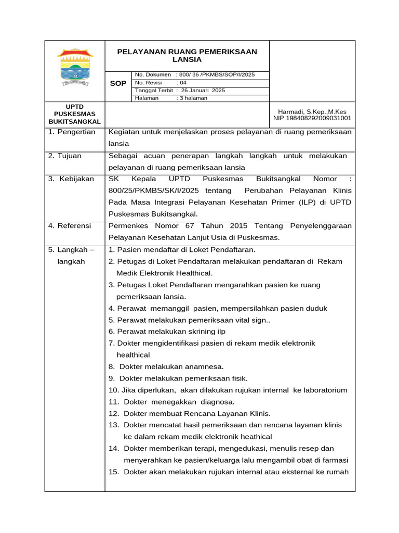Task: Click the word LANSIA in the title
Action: click(x=187, y=60)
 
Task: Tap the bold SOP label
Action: click(x=118, y=83)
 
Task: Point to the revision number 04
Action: click(x=183, y=83)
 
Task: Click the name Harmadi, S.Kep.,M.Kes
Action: click(x=312, y=111)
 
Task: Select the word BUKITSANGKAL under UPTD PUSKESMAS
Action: click(x=75, y=121)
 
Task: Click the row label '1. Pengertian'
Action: click(x=72, y=132)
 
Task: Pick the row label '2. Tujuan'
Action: click(x=65, y=156)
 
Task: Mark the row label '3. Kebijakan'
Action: click(x=71, y=179)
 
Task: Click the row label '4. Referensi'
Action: click(x=70, y=226)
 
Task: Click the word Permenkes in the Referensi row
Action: click(x=128, y=226)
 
